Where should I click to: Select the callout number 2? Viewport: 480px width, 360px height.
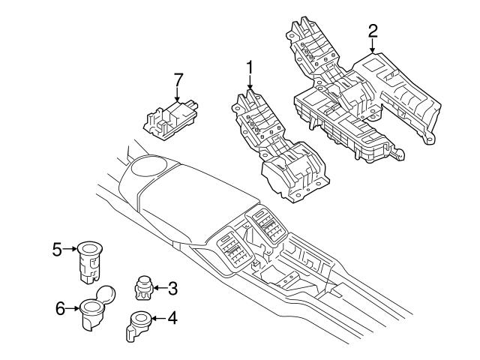373,31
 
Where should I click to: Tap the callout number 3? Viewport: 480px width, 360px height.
172,287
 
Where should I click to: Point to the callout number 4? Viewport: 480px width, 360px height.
172,319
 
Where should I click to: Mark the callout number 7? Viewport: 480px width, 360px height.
178,79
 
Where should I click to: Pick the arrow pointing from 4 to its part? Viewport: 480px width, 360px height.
157,319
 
